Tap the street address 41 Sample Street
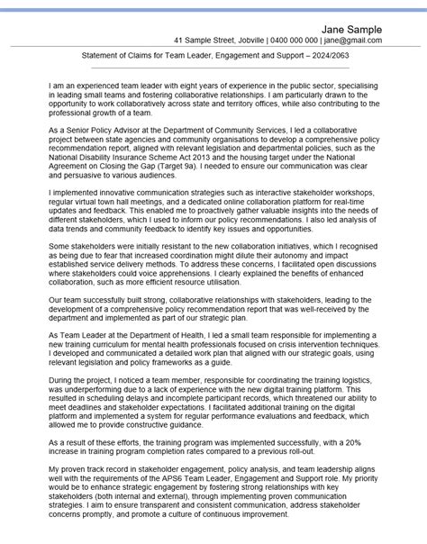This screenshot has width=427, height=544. pyautogui.click(x=212, y=41)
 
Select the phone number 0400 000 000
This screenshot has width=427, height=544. pyautogui.click(x=287, y=41)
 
